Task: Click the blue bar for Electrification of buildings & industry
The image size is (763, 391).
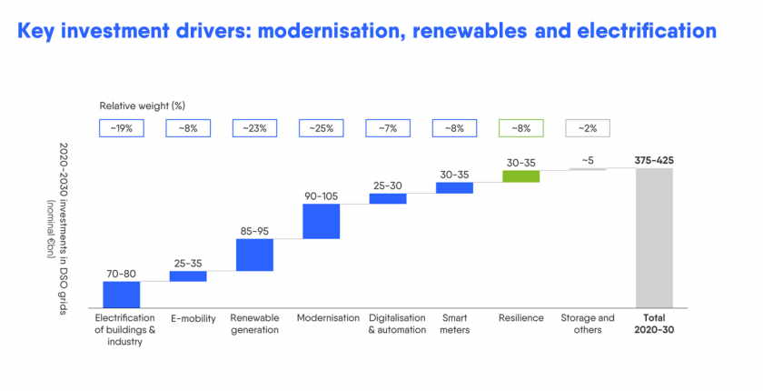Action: point(121,295)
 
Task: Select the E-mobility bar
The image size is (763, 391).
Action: point(188,276)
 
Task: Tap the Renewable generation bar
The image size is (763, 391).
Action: point(254,255)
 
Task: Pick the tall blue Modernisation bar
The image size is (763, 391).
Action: point(321,221)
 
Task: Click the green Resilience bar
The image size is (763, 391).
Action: point(521,175)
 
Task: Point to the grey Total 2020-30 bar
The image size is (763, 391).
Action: point(654,237)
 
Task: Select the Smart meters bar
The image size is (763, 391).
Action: point(454,187)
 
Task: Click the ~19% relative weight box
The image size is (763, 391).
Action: point(121,128)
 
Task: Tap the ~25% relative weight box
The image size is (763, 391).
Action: point(321,128)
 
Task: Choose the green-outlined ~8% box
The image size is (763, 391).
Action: point(521,128)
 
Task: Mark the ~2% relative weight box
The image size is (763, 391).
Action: point(588,128)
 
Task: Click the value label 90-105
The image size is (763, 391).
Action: point(321,194)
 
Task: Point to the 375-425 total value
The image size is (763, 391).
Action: point(654,161)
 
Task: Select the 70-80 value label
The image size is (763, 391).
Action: point(121,272)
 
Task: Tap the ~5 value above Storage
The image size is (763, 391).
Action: point(588,161)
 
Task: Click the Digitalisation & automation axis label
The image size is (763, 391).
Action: point(397,324)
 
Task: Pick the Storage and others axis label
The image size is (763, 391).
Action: point(588,324)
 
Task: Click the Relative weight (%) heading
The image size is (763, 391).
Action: point(143,105)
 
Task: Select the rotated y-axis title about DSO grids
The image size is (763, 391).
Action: point(64,227)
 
